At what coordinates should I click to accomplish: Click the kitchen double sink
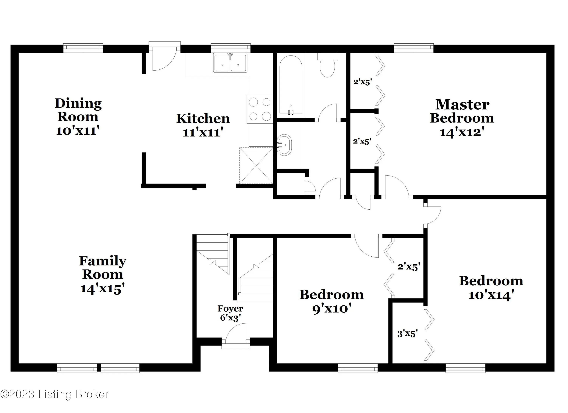[x=230, y=63]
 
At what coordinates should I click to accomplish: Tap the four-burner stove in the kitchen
[x=260, y=109]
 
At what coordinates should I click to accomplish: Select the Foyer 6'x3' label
[x=230, y=313]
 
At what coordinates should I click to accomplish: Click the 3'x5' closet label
[x=407, y=334]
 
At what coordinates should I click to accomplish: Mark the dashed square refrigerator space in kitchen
[x=256, y=166]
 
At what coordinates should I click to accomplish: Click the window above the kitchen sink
[x=231, y=48]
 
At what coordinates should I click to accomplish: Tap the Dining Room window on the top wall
[x=83, y=48]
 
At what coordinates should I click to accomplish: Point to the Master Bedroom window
[x=414, y=48]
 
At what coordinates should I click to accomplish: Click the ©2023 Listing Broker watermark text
[x=55, y=394]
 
